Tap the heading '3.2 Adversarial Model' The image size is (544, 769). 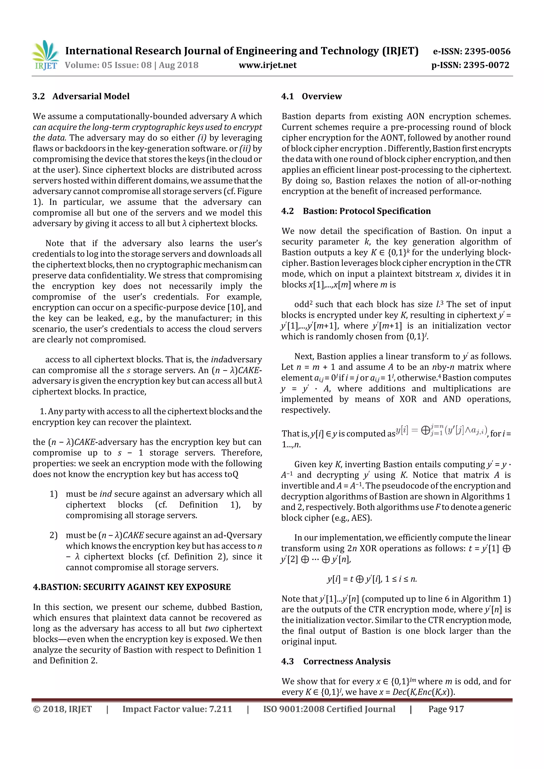[81, 96]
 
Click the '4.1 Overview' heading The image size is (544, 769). [311, 96]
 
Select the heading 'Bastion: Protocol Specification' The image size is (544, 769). [367, 211]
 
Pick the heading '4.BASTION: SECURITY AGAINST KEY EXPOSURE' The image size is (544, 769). [132, 587]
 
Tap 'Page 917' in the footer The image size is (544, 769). [446, 709]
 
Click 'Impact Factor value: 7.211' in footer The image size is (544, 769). [177, 709]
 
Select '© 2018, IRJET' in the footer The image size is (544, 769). [62, 709]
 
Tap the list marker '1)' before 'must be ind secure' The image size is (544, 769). [54, 494]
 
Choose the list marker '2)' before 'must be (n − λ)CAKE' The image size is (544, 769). [54, 535]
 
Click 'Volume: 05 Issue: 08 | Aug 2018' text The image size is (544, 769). [131, 65]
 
